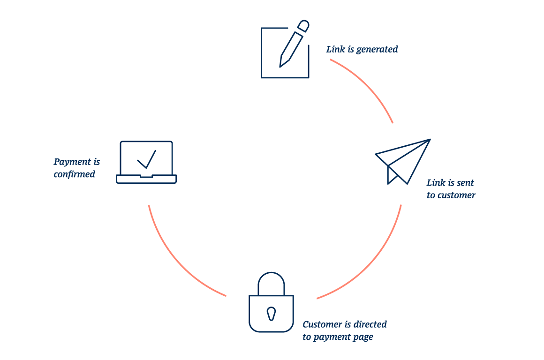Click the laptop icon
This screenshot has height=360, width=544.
click(146, 162)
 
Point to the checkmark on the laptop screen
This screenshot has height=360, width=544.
click(147, 159)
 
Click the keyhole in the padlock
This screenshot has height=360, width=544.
click(271, 313)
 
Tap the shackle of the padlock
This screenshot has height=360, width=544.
click(271, 283)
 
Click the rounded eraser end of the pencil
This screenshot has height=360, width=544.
click(304, 25)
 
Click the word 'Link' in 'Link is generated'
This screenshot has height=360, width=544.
click(335, 49)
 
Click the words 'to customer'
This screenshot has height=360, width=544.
click(451, 195)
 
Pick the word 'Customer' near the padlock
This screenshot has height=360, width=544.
click(322, 324)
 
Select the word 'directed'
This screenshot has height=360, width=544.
click(370, 324)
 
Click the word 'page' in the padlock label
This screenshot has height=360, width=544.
click(363, 337)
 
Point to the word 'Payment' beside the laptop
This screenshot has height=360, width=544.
click(73, 162)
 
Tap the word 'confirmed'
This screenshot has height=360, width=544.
click(74, 174)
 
